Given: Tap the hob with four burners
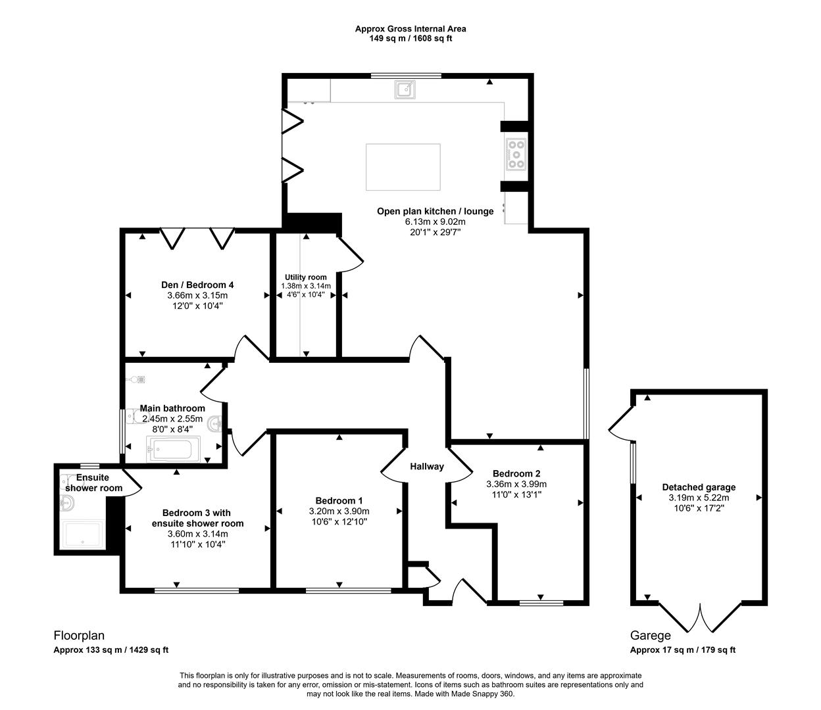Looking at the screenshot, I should (x=516, y=154).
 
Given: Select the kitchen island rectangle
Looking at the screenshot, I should (x=403, y=168).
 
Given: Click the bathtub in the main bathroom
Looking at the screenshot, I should (x=170, y=451).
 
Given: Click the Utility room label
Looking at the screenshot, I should (x=305, y=277).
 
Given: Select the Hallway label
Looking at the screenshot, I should (x=427, y=467).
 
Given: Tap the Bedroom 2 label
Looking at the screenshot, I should (x=516, y=473).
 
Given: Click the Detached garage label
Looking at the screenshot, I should (x=699, y=487).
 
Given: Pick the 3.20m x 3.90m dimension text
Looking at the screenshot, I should (x=339, y=511).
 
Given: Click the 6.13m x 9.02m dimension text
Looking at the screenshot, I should (x=435, y=222).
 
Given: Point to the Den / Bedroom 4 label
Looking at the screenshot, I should (x=197, y=285).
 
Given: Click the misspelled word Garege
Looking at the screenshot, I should (x=650, y=636).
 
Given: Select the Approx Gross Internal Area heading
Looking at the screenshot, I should (x=410, y=28).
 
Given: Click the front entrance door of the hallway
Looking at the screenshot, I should (x=470, y=592).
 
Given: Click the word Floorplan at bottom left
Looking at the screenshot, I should (x=79, y=636).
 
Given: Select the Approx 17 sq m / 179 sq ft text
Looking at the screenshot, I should (x=683, y=650).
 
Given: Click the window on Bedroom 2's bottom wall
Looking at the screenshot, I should (x=541, y=602).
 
